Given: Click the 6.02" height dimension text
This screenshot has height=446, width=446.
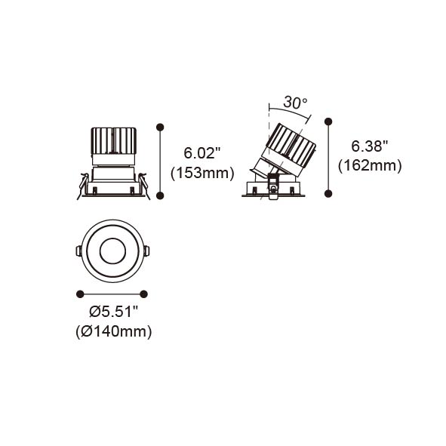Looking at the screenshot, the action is (202, 153).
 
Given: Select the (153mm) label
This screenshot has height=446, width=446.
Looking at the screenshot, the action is (202, 173).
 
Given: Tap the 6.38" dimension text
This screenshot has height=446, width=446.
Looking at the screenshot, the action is (370, 146).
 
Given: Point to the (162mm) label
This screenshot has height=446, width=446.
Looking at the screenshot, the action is (370, 165).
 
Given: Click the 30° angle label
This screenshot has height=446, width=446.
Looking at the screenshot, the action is (295, 103).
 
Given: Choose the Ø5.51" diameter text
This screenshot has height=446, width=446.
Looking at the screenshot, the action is (113, 312).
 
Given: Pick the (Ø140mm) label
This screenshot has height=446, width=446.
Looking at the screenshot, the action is (114, 331).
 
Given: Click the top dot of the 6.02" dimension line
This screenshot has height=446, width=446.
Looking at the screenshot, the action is (160, 127).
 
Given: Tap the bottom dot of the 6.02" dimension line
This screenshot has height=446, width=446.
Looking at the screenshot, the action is (160, 195).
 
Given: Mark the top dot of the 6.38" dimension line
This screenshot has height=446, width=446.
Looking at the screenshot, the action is (328, 121).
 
